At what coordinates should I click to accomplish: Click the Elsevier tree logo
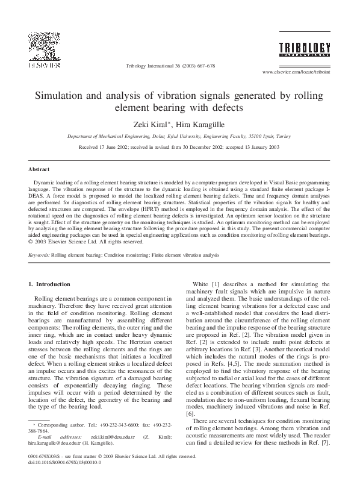point(41,46)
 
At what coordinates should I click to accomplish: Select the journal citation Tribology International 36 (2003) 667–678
point(170,65)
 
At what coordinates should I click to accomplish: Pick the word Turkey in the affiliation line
point(282,137)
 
